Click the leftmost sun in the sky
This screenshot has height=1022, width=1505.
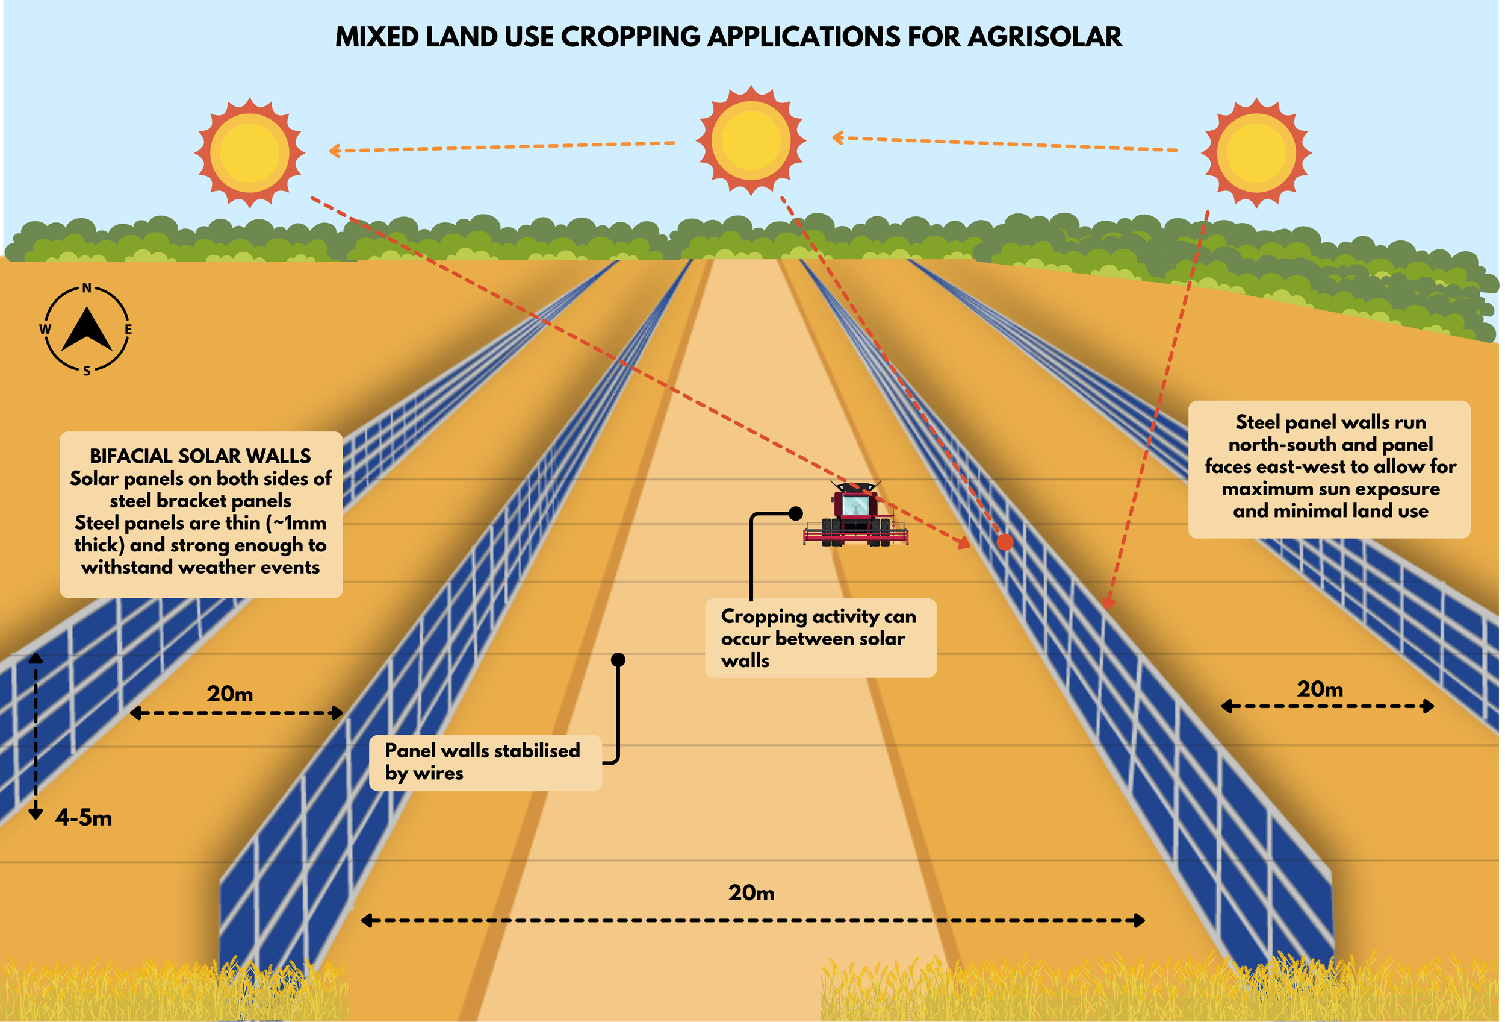coord(249,153)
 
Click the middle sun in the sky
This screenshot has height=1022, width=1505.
coord(751,140)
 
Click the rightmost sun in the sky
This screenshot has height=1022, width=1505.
coord(1256,153)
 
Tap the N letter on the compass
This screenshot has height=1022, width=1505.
coord(87,289)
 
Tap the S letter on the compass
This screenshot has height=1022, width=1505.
coord(87,371)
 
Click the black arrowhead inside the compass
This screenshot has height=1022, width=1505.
coord(87,329)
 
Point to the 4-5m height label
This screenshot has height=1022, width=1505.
coord(84,818)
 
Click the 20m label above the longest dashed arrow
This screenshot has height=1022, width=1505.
coord(751,893)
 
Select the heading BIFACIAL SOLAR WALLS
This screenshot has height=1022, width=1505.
coord(200,456)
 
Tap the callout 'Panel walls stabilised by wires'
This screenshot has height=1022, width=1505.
coord(485,762)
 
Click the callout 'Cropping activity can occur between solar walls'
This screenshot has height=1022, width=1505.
coord(819,638)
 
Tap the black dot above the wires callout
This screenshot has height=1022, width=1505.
coord(618,660)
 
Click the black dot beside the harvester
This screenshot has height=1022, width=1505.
coord(796,513)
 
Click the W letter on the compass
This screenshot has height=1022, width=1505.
coord(45,329)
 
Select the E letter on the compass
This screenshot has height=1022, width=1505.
coord(128,329)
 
